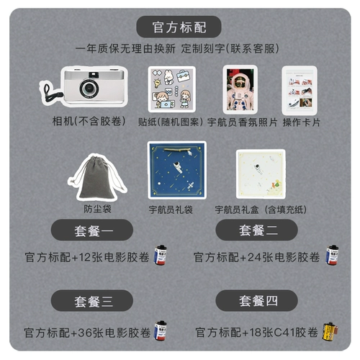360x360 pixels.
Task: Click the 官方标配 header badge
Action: point(179,27)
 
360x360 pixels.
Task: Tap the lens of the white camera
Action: point(89,88)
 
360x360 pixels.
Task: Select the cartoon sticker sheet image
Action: point(172,89)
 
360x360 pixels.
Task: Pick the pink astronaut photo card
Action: point(240,89)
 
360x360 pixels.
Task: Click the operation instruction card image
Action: point(300,91)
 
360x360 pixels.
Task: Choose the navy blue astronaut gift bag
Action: point(177,170)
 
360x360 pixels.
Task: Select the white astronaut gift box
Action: point(261,174)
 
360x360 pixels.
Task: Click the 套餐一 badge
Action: point(92,230)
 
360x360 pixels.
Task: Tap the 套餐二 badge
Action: point(256,230)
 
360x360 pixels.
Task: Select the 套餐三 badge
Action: point(92,300)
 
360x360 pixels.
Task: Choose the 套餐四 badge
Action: point(256,300)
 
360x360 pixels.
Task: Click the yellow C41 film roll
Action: point(330,332)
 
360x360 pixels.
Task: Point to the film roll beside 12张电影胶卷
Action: point(161,255)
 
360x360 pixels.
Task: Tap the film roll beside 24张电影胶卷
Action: point(332,255)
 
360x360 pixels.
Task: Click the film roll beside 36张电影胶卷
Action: point(161,330)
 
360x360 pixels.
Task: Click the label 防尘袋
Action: point(97,209)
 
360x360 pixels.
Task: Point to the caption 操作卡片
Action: point(302,122)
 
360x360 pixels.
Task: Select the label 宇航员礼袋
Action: point(171,210)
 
